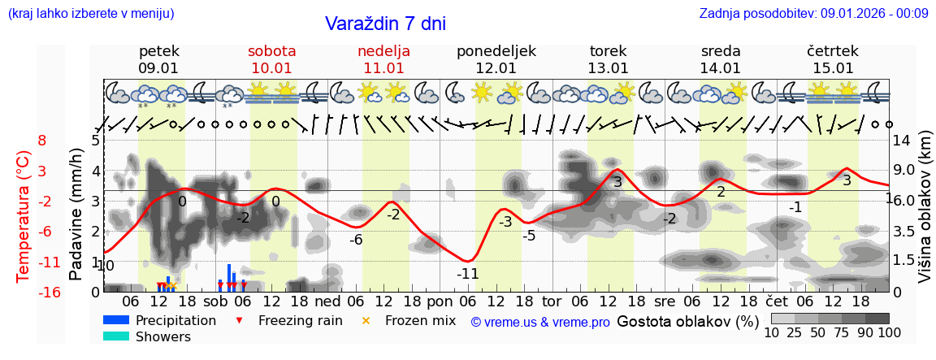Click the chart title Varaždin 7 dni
pyautogui.click(x=385, y=24)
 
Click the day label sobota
pyautogui.click(x=271, y=51)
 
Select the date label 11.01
pyautogui.click(x=383, y=68)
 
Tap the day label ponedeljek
pyautogui.click(x=496, y=51)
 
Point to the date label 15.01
pyautogui.click(x=832, y=68)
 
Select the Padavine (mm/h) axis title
pyautogui.click(x=76, y=215)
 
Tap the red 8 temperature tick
pyautogui.click(x=42, y=141)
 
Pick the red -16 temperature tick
pyautogui.click(x=49, y=293)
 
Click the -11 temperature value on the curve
pyautogui.click(x=467, y=274)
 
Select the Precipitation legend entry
pyautogui.click(x=175, y=320)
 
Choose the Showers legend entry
pyautogui.click(x=162, y=336)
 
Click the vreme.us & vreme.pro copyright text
pyautogui.click(x=539, y=323)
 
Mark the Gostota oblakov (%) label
pyautogui.click(x=687, y=321)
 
